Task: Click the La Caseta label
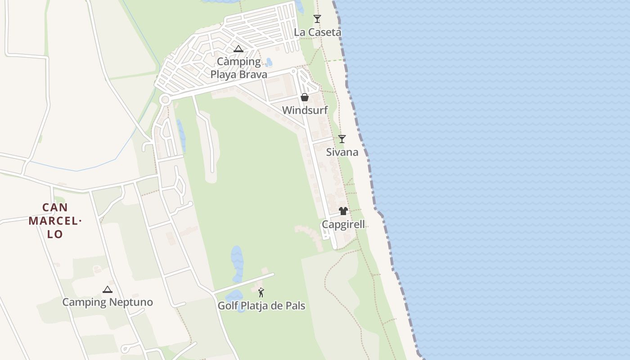click(317, 32)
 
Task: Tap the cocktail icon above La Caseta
click(317, 18)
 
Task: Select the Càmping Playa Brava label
click(239, 68)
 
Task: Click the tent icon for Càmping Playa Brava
click(238, 49)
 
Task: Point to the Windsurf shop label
click(305, 110)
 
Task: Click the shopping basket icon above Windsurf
click(305, 97)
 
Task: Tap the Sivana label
click(342, 152)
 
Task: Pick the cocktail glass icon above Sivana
click(342, 139)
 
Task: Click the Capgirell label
click(343, 225)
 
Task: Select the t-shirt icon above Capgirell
click(343, 211)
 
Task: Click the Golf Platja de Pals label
click(261, 306)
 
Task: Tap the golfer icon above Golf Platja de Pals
click(261, 292)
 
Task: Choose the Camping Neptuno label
click(108, 302)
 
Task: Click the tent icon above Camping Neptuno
click(107, 289)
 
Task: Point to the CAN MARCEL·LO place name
click(55, 221)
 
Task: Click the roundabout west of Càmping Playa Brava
click(165, 99)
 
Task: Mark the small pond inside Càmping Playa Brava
click(269, 62)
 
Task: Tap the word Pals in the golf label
click(295, 306)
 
